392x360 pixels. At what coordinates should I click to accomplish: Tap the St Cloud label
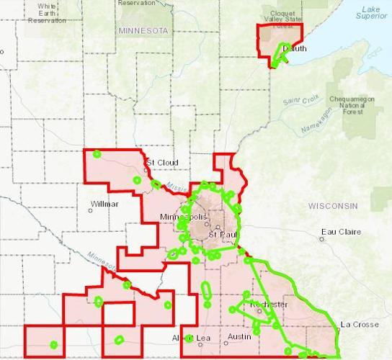[161, 163]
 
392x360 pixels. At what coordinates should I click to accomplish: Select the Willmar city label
[104, 204]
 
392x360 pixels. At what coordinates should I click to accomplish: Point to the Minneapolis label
[183, 217]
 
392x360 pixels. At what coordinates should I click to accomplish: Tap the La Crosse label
[360, 325]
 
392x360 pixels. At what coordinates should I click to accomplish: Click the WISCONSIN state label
[333, 206]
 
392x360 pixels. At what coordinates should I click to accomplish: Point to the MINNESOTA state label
[143, 31]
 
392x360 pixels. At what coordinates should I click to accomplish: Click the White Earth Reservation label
[47, 13]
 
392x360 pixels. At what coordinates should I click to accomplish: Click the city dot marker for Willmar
[91, 210]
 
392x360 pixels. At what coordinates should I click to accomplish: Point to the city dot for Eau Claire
[323, 239]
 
